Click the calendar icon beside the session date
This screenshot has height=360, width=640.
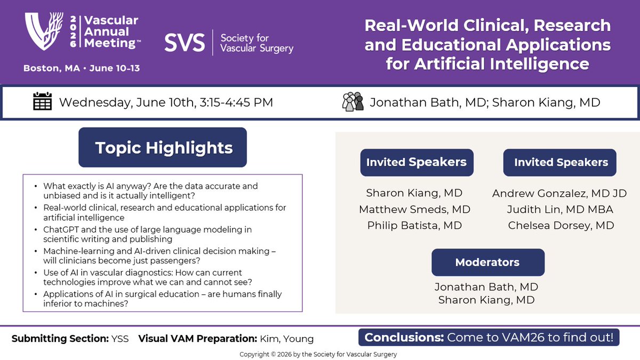(x=42, y=101)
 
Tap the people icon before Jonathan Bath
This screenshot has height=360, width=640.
(x=353, y=101)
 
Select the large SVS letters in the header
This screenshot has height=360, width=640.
(x=184, y=42)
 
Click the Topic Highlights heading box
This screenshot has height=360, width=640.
(x=163, y=147)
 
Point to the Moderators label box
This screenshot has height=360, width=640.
(x=487, y=262)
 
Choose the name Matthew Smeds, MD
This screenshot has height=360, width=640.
(x=414, y=209)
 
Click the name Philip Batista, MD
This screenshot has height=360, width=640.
(x=414, y=226)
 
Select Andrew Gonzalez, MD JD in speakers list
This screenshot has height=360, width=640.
(x=559, y=193)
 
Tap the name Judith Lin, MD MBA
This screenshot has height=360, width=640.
(x=559, y=209)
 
